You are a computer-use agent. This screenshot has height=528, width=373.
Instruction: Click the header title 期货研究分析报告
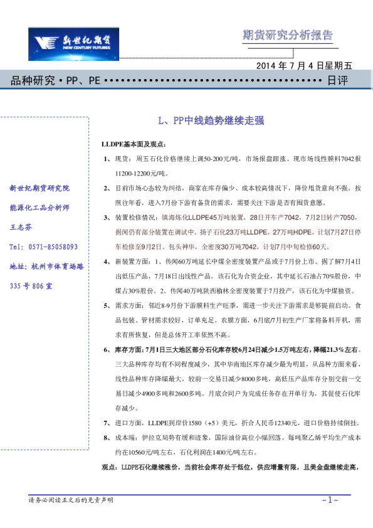click(x=288, y=35)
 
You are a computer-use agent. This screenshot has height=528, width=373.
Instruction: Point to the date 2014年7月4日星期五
click(x=305, y=66)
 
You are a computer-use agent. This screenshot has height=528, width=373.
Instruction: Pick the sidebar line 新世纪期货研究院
click(x=40, y=188)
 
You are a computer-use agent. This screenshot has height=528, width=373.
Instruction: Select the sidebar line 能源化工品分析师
click(x=40, y=208)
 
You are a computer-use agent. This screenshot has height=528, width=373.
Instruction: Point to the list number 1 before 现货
click(x=106, y=159)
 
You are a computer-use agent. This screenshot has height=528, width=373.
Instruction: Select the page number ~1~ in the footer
click(x=330, y=500)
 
